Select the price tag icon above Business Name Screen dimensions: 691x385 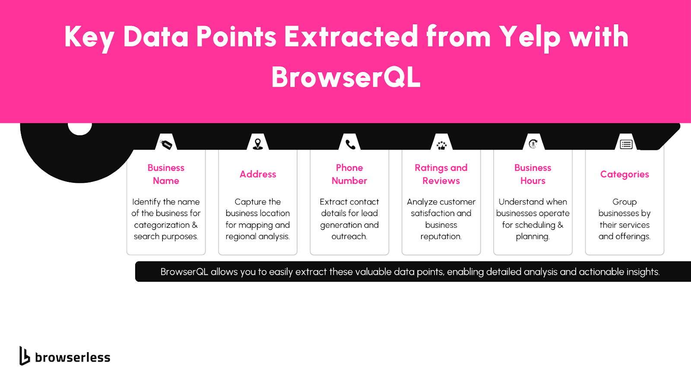pyautogui.click(x=166, y=144)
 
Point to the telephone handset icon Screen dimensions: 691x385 pyautogui.click(x=350, y=144)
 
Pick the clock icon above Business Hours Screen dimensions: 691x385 pyautogui.click(x=533, y=144)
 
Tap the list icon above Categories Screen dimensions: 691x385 pyautogui.click(x=626, y=144)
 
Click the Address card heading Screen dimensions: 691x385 pyautogui.click(x=258, y=174)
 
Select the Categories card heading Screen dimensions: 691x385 pyautogui.click(x=624, y=175)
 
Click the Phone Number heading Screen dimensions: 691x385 pyautogui.click(x=349, y=174)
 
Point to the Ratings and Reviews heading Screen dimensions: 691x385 pyautogui.click(x=441, y=174)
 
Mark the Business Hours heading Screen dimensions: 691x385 pyautogui.click(x=533, y=174)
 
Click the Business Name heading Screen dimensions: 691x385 pyautogui.click(x=166, y=174)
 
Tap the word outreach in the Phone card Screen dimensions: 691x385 pyautogui.click(x=349, y=236)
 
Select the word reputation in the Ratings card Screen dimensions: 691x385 pyautogui.click(x=441, y=237)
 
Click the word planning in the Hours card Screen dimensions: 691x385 pyautogui.click(x=533, y=237)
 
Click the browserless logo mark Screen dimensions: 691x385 pyautogui.click(x=24, y=356)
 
